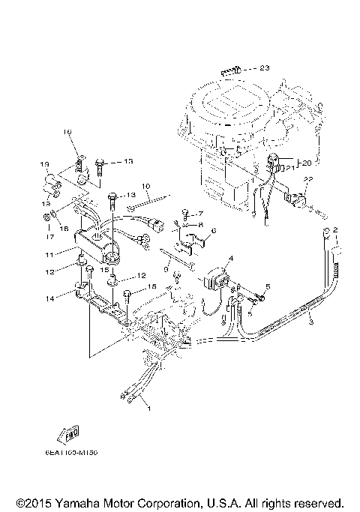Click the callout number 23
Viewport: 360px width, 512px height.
point(264,68)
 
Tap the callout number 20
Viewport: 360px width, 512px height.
point(306,162)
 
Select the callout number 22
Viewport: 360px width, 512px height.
point(307,179)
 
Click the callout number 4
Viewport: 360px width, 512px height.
point(231,259)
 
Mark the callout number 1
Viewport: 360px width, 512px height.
point(148,409)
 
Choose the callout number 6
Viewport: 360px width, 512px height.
point(212,231)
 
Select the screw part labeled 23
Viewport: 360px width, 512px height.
point(230,71)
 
